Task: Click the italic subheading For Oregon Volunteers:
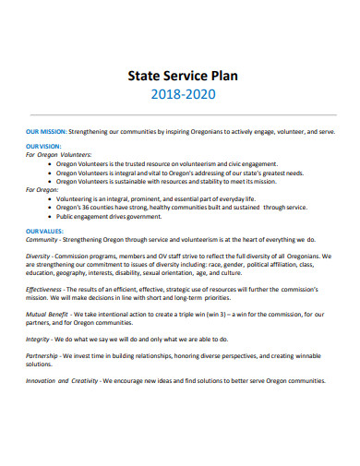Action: [58, 156]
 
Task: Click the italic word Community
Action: [42, 238]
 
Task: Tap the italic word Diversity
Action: [38, 256]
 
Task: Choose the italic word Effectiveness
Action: [44, 290]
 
